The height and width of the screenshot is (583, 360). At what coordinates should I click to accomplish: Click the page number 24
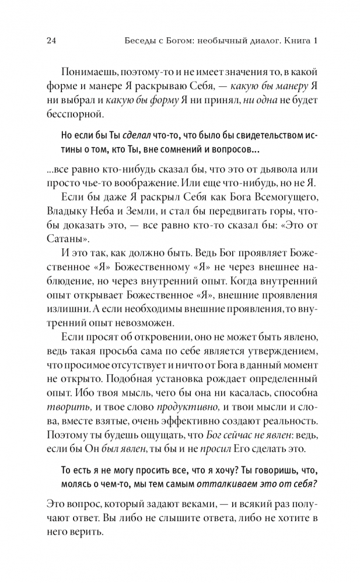(x=50, y=41)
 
